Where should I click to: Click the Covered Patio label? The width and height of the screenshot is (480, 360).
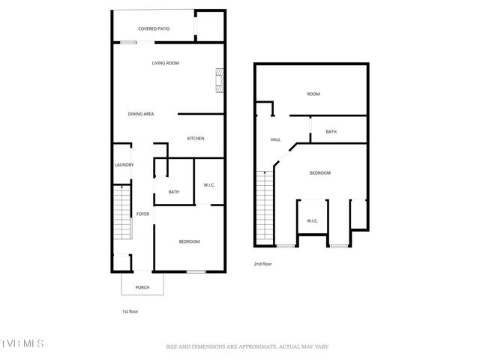(154, 28)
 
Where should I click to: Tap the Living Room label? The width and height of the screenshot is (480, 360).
(165, 63)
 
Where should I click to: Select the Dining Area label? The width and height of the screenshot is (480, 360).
(141, 113)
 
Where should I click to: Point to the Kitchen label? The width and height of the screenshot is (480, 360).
(196, 138)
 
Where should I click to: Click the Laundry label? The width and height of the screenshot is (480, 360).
(124, 165)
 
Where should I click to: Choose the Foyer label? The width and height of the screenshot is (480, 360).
(142, 214)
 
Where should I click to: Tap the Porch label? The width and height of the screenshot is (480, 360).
(142, 286)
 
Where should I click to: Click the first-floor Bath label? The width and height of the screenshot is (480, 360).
(174, 192)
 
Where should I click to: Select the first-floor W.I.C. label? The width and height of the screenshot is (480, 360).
(210, 185)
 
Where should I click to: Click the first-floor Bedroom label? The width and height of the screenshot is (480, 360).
(189, 241)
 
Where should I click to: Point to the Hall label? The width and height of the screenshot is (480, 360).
(275, 139)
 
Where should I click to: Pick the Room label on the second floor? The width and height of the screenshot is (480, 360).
(313, 94)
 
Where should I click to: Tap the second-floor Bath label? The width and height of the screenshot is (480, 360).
(331, 132)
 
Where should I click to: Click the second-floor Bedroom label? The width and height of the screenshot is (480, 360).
(320, 172)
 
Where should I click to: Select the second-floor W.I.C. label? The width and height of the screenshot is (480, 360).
(312, 220)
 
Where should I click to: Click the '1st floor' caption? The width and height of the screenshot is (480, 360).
(130, 311)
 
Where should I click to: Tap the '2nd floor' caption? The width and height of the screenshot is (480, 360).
(262, 263)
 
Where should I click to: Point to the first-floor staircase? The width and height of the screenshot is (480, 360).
(121, 214)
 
